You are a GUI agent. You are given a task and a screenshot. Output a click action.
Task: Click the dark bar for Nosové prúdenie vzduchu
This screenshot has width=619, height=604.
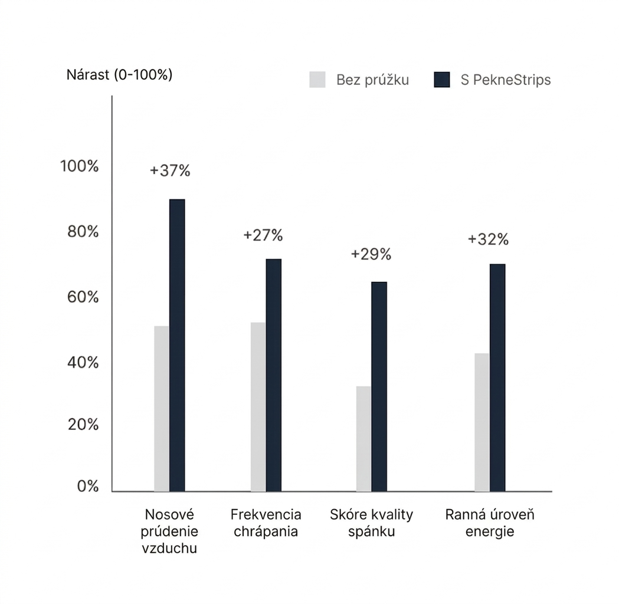click(177, 345)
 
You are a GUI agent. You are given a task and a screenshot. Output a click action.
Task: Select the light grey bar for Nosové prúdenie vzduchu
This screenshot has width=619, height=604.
click(162, 408)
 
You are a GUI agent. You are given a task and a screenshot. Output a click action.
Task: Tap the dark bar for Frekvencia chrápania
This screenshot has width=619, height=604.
click(273, 375)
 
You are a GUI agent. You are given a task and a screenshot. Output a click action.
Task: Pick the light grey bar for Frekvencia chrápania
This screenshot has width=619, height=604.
click(258, 406)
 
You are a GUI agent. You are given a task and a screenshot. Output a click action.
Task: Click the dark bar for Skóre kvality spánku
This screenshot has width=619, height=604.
click(379, 386)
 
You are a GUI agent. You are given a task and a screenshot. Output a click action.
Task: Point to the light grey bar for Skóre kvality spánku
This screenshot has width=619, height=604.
click(363, 438)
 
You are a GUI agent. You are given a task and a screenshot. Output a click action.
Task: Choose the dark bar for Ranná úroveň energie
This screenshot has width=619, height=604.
click(497, 377)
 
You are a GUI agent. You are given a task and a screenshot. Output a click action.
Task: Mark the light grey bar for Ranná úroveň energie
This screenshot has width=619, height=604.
click(482, 422)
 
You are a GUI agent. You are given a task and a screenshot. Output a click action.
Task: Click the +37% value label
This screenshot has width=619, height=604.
click(170, 171)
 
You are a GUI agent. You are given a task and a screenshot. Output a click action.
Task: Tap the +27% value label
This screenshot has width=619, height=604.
click(263, 235)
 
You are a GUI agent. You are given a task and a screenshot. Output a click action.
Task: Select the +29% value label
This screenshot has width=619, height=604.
click(371, 254)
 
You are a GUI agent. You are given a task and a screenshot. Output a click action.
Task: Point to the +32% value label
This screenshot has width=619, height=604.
click(488, 239)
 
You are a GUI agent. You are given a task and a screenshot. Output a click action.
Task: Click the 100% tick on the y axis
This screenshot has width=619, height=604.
click(80, 166)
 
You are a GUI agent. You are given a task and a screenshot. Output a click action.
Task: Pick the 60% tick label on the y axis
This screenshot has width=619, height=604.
click(83, 297)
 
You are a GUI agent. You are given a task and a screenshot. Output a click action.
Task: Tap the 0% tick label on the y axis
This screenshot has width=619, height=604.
click(87, 486)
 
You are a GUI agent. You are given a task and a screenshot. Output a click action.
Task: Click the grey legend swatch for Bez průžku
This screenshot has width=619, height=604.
click(317, 80)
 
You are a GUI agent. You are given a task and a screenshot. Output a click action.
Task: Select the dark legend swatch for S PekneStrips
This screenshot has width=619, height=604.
click(442, 80)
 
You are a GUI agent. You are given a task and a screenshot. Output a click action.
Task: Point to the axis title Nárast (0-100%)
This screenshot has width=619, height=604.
click(119, 75)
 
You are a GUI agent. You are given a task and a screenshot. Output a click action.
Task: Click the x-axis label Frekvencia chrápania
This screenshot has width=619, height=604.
click(266, 523)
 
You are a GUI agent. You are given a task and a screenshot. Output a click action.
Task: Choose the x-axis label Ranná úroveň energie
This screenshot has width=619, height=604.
click(490, 523)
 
